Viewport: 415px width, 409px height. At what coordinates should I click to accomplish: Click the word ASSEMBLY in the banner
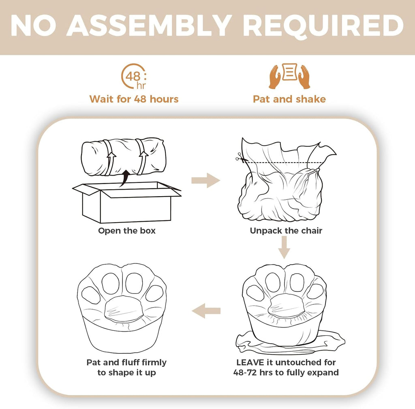tap(149, 26)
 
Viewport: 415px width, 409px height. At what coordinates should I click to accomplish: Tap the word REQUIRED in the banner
tap(323, 26)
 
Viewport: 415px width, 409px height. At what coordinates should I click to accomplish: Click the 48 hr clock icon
tap(134, 76)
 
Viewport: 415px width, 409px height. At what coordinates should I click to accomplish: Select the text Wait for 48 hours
tap(134, 99)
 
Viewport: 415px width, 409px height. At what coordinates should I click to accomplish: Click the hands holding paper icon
tap(289, 76)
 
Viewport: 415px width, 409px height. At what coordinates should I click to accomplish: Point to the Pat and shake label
tap(289, 99)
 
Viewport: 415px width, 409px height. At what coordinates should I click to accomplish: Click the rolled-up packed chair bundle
tap(124, 157)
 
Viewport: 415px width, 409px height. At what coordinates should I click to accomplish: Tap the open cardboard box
tap(127, 202)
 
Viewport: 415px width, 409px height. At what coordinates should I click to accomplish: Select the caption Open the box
tap(127, 231)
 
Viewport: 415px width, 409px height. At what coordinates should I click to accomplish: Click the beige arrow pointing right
tap(205, 180)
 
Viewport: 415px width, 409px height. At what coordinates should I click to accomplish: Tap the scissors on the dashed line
tap(240, 158)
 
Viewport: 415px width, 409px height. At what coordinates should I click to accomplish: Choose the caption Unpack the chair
tap(286, 231)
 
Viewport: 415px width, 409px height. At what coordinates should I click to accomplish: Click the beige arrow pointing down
tap(284, 247)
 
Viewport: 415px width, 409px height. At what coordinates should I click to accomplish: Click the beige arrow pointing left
tap(206, 310)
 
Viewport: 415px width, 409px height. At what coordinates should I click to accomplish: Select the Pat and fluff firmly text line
tap(126, 362)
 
